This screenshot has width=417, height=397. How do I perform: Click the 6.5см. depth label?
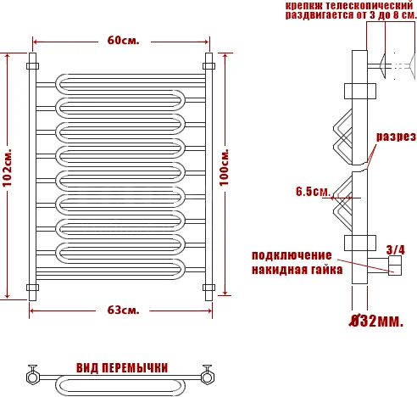[312, 192]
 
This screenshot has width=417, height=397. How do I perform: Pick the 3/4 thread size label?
[395, 249]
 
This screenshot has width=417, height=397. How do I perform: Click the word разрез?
[395, 137]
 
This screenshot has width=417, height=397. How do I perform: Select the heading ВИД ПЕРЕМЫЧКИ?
[121, 367]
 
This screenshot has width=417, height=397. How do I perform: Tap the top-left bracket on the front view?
[32, 64]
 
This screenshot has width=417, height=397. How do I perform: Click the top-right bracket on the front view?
[208, 64]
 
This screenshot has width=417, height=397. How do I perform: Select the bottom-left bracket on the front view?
[32, 287]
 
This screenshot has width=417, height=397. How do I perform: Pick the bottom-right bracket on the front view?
[208, 287]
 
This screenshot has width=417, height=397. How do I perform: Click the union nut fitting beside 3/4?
[395, 269]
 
